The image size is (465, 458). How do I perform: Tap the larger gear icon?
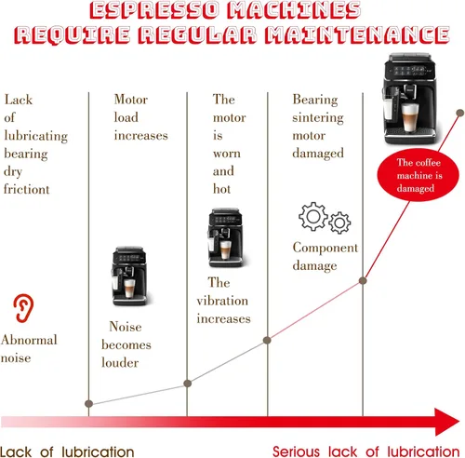[x=313, y=216]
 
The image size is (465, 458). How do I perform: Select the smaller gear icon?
[x=339, y=222]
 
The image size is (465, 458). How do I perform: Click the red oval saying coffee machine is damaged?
[x=418, y=175]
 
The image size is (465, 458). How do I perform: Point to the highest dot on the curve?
[x=460, y=113]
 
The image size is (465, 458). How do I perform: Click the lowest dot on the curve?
[x=88, y=404]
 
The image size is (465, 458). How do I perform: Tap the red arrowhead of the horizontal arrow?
[x=447, y=422]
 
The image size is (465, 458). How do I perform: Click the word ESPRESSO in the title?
[x=154, y=9]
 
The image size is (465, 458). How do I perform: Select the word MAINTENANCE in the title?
[x=357, y=34]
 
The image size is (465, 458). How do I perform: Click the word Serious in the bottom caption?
[x=296, y=451]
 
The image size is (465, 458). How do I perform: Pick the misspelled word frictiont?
[x=26, y=189]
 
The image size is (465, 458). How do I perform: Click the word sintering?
[x=318, y=118]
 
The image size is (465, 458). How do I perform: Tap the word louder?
[x=120, y=362]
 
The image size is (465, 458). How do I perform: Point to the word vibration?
[x=222, y=301]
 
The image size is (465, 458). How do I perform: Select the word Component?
[x=325, y=249]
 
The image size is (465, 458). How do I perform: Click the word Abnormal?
[x=29, y=340]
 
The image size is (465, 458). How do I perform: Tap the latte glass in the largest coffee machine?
[x=410, y=117]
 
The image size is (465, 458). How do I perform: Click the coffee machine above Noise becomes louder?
[x=129, y=276]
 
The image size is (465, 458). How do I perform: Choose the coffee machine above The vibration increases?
[x=225, y=238]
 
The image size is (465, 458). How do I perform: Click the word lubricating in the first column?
[x=36, y=136]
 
